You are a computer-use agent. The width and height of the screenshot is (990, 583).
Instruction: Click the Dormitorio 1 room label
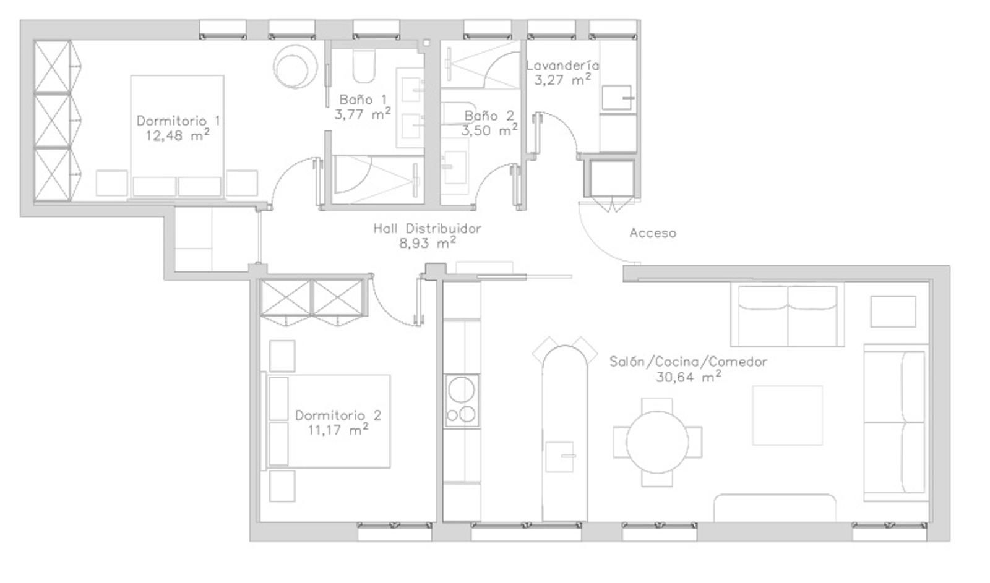pyautogui.click(x=178, y=121)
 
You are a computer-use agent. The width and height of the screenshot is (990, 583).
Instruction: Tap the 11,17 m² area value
pyautogui.click(x=338, y=429)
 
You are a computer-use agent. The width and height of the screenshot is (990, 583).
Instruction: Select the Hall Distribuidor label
pyautogui.click(x=427, y=228)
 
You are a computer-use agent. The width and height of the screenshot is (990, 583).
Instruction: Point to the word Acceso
pyautogui.click(x=653, y=232)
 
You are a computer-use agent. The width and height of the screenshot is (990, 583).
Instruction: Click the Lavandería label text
pyautogui.click(x=562, y=66)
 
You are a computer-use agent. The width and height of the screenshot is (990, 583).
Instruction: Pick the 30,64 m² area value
pyautogui.click(x=689, y=377)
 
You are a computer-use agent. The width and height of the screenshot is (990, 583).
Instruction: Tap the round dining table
pyautogui.click(x=657, y=442)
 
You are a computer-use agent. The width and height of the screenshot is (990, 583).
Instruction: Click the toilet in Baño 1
pyautogui.click(x=364, y=66)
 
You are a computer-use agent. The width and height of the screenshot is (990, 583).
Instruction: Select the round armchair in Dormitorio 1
pyautogui.click(x=295, y=66)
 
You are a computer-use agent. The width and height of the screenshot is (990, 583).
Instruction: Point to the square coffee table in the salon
pyautogui.click(x=788, y=415)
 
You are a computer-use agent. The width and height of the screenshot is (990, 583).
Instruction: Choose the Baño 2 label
pyautogui.click(x=489, y=116)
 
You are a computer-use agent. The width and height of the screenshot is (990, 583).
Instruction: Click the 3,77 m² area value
pyautogui.click(x=363, y=114)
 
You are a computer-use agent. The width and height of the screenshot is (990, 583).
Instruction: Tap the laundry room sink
pyautogui.click(x=617, y=98)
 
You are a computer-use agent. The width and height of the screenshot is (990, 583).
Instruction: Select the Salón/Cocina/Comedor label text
pyautogui.click(x=689, y=362)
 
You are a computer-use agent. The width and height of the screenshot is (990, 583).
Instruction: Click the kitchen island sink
pyautogui.click(x=560, y=457)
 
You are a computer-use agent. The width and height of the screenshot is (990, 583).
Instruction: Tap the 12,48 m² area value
pyautogui.click(x=178, y=135)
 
